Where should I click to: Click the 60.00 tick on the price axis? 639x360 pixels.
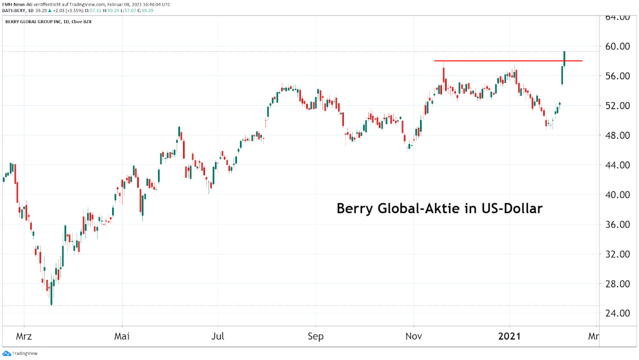(616, 46)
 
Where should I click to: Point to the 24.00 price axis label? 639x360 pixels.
(616, 314)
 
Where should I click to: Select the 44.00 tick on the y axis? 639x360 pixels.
(616, 165)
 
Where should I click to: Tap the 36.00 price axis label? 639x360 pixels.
(616, 225)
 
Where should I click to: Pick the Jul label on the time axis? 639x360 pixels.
(218, 336)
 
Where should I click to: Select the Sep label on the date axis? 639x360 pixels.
(315, 336)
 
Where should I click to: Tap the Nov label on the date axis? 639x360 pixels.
(414, 336)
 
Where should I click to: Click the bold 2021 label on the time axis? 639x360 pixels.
(510, 336)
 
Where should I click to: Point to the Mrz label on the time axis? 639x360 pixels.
(24, 336)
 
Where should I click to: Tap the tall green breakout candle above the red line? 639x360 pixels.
(565, 57)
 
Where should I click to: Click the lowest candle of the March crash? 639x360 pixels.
(51, 300)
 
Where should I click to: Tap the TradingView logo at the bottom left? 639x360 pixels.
(17, 353)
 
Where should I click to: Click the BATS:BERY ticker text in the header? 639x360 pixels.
(16, 10)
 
